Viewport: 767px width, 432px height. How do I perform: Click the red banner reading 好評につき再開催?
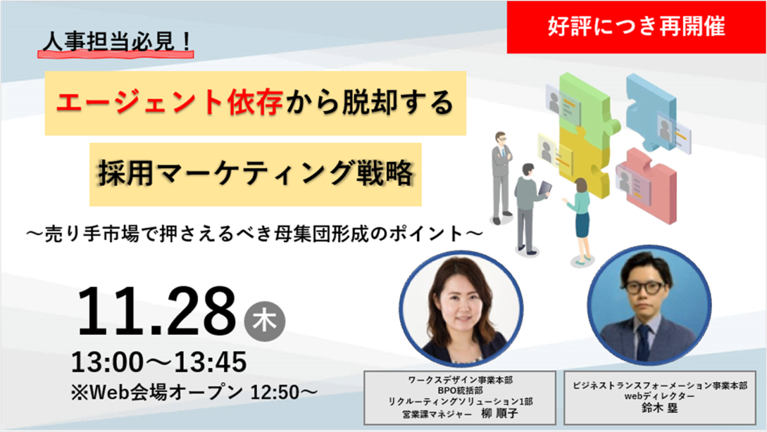pos(636,27)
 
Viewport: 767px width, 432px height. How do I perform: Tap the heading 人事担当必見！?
pos(117,42)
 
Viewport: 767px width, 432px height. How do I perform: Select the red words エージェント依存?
pos(169,102)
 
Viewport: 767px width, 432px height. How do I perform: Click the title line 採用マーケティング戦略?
pos(256,174)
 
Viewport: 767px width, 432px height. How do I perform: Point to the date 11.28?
pos(157,311)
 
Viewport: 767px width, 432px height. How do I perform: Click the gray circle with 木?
pos(265,321)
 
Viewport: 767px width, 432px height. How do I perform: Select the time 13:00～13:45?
pos(159,362)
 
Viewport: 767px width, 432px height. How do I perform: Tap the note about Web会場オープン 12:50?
pos(194,392)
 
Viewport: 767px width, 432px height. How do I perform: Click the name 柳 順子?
pos(500,413)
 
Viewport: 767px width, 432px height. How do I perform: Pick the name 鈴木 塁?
pos(660,408)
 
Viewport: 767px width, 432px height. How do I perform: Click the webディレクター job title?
pos(660,396)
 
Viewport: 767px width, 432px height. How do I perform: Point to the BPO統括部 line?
pos(460,390)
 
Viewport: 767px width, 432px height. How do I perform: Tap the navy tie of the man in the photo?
pos(643,343)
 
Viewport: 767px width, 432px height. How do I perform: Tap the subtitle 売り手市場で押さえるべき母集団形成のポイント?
pos(254,234)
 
